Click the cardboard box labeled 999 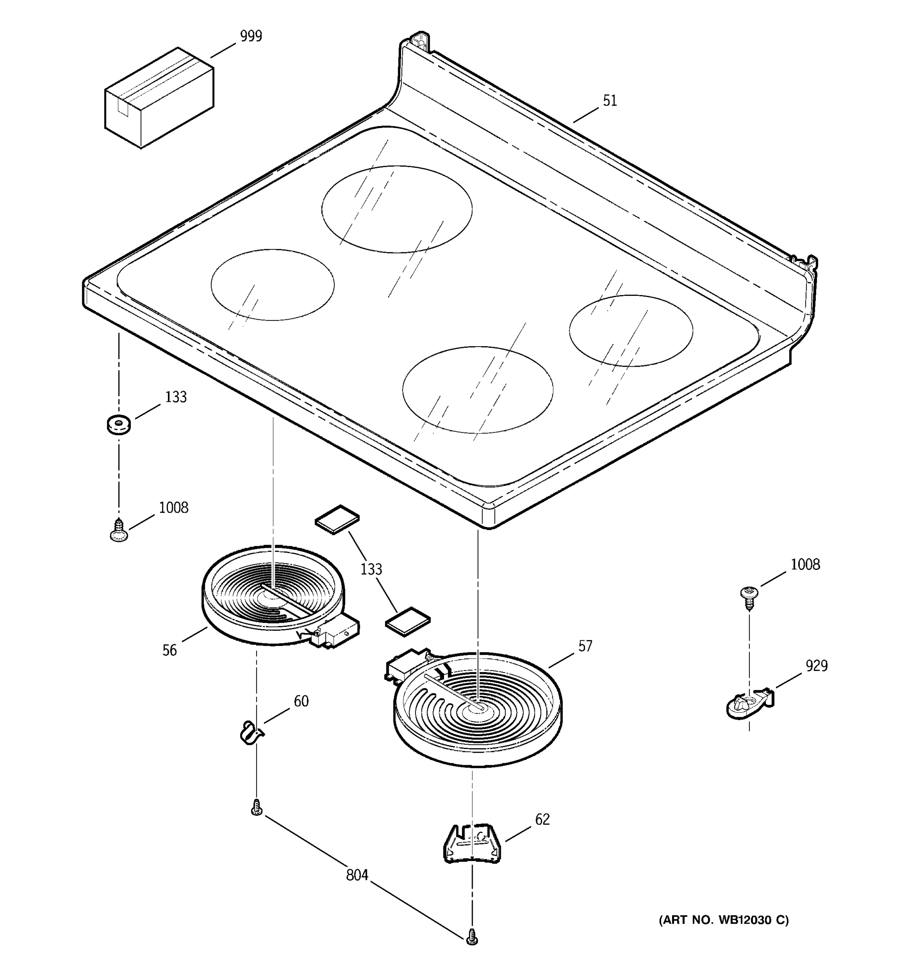click(159, 98)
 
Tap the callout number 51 click(610, 101)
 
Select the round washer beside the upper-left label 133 click(119, 424)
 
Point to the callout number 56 click(169, 650)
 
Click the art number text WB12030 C click(723, 920)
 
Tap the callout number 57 click(585, 646)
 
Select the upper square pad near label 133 click(337, 519)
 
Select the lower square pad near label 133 click(408, 621)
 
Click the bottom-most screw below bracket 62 click(471, 937)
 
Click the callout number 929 click(817, 666)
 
